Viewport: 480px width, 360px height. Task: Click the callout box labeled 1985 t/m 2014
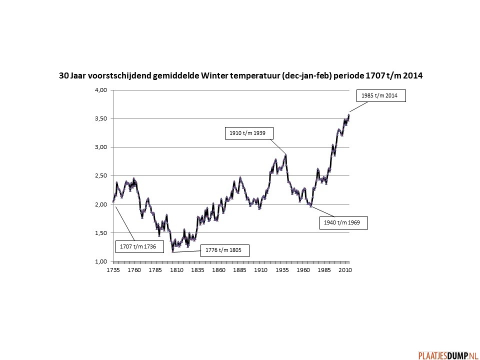pyautogui.click(x=381, y=95)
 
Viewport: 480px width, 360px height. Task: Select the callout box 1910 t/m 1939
pyautogui.click(x=249, y=133)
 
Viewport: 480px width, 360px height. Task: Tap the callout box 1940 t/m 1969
pyautogui.click(x=343, y=223)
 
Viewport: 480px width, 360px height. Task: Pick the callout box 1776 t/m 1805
pyautogui.click(x=224, y=250)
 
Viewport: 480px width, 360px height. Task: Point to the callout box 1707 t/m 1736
pyautogui.click(x=139, y=246)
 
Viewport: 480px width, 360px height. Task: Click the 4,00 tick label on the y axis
pyautogui.click(x=101, y=90)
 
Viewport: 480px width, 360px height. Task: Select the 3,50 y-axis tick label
pyautogui.click(x=101, y=119)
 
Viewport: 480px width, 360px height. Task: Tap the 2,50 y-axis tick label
pyautogui.click(x=101, y=175)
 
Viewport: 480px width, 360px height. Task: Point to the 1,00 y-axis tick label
pyautogui.click(x=101, y=261)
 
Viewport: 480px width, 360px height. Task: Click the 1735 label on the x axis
pyautogui.click(x=113, y=270)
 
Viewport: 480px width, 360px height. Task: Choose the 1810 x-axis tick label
pyautogui.click(x=176, y=270)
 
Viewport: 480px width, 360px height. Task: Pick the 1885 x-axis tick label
pyautogui.click(x=239, y=270)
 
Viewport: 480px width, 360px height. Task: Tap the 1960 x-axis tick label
pyautogui.click(x=303, y=270)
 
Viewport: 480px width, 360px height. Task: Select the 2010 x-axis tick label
pyautogui.click(x=345, y=270)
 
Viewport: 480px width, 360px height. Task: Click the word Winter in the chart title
pyautogui.click(x=214, y=75)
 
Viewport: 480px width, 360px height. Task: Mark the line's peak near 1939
pyautogui.click(x=285, y=155)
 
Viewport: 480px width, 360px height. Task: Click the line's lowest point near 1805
pyautogui.click(x=172, y=251)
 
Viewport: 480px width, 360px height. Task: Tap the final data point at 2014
pyautogui.click(x=348, y=115)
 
